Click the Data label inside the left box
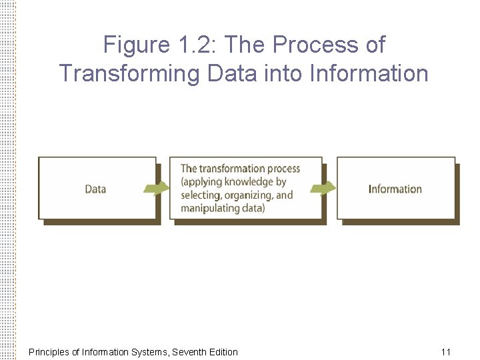coord(95,189)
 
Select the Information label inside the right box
coord(395,189)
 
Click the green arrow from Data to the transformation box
coord(157,189)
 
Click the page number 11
coord(446,351)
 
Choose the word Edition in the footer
coord(223,351)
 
